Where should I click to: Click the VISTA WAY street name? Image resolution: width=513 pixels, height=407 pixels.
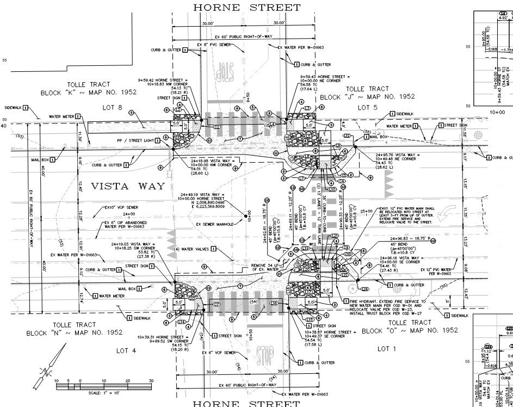[128, 186]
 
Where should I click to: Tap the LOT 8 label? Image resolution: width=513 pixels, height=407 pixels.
[113, 108]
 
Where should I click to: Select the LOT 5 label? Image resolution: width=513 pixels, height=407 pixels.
[368, 108]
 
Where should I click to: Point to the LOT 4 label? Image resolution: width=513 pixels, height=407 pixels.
[126, 351]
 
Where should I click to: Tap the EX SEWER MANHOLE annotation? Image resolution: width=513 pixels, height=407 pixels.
[214, 224]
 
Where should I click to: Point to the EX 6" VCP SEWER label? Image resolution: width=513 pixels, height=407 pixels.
[221, 353]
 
